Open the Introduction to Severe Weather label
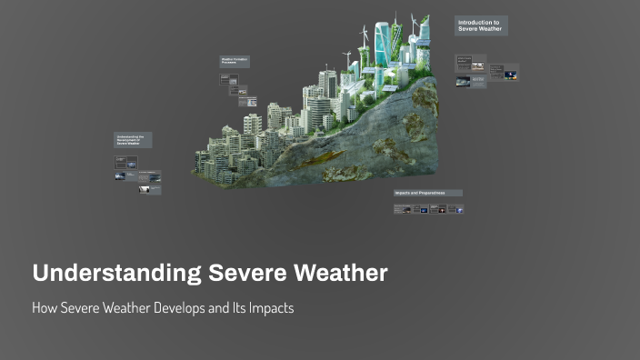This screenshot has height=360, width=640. point(480,25)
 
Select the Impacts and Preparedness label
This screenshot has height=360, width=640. point(427,193)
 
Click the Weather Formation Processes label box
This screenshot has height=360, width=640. point(235,62)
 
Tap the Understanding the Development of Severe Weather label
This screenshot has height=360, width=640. point(133,140)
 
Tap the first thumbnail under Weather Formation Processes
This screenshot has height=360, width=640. point(225,78)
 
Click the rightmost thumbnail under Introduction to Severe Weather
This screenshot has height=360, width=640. point(511,75)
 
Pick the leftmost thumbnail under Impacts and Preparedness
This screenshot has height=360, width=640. point(400,209)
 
